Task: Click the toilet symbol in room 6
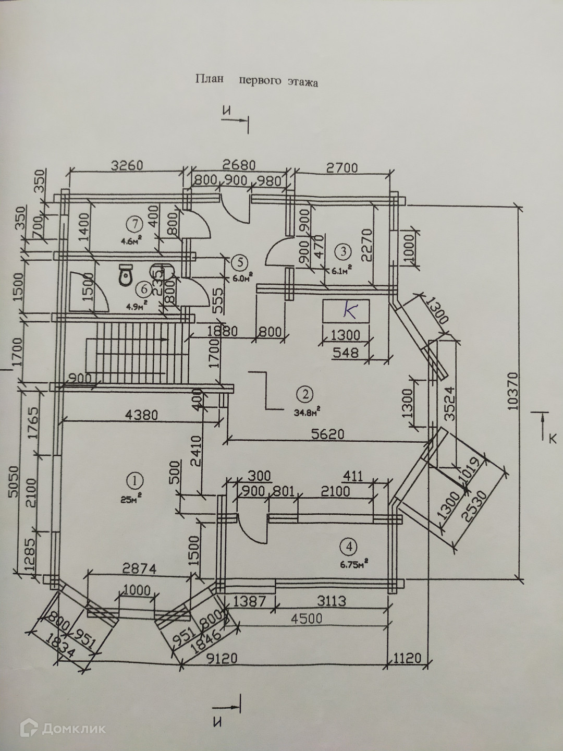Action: [x=126, y=275]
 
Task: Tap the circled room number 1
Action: [x=135, y=479]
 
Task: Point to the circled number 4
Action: [x=348, y=547]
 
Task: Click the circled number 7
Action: [x=134, y=224]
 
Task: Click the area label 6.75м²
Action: [x=355, y=563]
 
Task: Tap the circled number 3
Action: [x=343, y=251]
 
